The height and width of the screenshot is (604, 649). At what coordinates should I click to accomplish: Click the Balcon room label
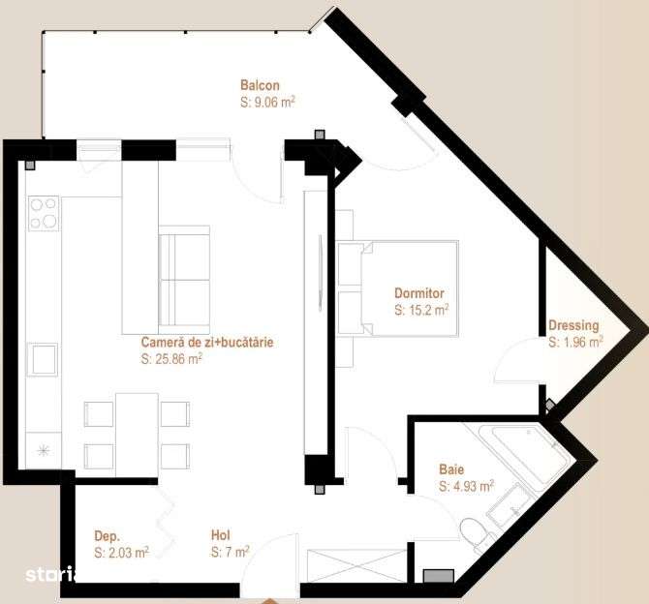coord(260,85)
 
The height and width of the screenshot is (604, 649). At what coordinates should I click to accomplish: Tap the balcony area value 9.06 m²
coord(267,101)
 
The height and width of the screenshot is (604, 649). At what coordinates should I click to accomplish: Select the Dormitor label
coord(418,293)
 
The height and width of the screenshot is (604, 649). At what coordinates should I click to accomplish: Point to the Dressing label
coord(573,326)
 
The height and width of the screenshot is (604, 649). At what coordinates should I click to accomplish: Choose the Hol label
coord(221,534)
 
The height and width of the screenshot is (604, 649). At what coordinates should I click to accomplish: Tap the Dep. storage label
coord(107,535)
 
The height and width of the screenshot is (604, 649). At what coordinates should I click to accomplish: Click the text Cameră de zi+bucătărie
coord(207,343)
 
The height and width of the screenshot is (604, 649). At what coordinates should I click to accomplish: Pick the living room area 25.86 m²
coord(171,358)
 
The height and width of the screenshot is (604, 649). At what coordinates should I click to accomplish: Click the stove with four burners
coord(44,213)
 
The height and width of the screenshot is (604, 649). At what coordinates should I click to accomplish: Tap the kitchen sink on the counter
coord(43,359)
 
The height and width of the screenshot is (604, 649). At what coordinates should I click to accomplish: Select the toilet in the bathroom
coord(476,533)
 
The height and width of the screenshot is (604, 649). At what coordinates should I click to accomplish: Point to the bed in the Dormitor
coord(397,288)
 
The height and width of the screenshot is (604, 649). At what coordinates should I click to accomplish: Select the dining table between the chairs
coord(137,434)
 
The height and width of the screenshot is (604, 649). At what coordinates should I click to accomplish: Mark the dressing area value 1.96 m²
coord(575,342)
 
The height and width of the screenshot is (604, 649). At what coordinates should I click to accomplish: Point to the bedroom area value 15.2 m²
coord(421,310)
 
